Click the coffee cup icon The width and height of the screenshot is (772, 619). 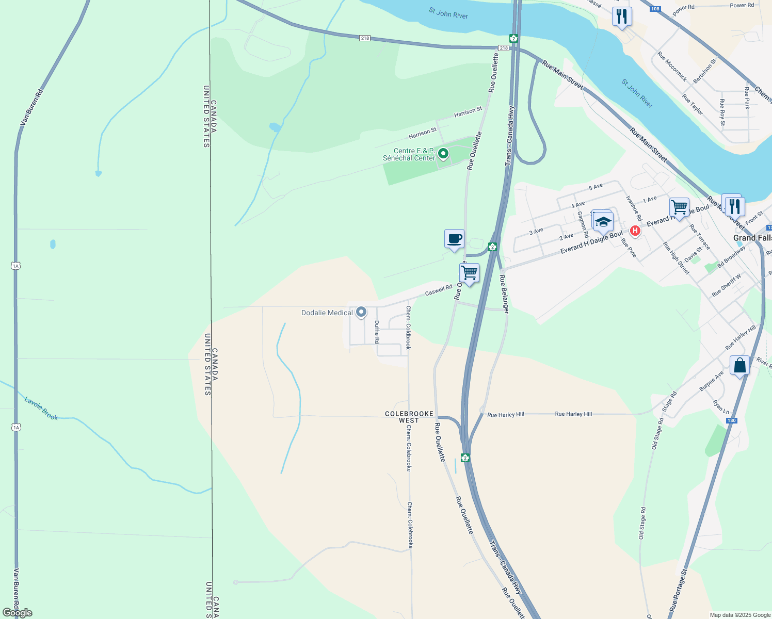454,239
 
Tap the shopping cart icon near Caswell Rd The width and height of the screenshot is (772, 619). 469,273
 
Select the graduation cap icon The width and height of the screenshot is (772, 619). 603,222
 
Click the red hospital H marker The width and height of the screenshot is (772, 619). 635,231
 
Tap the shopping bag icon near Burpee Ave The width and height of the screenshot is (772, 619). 739,366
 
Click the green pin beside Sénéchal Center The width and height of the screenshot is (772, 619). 443,153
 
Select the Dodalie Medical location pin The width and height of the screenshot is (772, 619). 361,312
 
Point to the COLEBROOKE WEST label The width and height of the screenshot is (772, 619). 409,417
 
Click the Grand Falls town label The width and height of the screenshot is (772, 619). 752,238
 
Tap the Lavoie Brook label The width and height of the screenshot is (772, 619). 41,408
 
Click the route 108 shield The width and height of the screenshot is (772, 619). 655,9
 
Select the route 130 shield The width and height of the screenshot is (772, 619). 731,420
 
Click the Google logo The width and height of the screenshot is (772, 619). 18,613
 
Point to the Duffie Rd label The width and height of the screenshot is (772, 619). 377,332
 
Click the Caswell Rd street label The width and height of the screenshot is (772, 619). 438,290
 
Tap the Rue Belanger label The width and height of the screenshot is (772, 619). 505,294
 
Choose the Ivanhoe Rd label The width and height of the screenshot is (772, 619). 634,208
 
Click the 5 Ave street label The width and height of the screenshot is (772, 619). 596,187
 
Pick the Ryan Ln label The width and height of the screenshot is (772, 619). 721,407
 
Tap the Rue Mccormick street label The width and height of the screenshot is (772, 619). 672,67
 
